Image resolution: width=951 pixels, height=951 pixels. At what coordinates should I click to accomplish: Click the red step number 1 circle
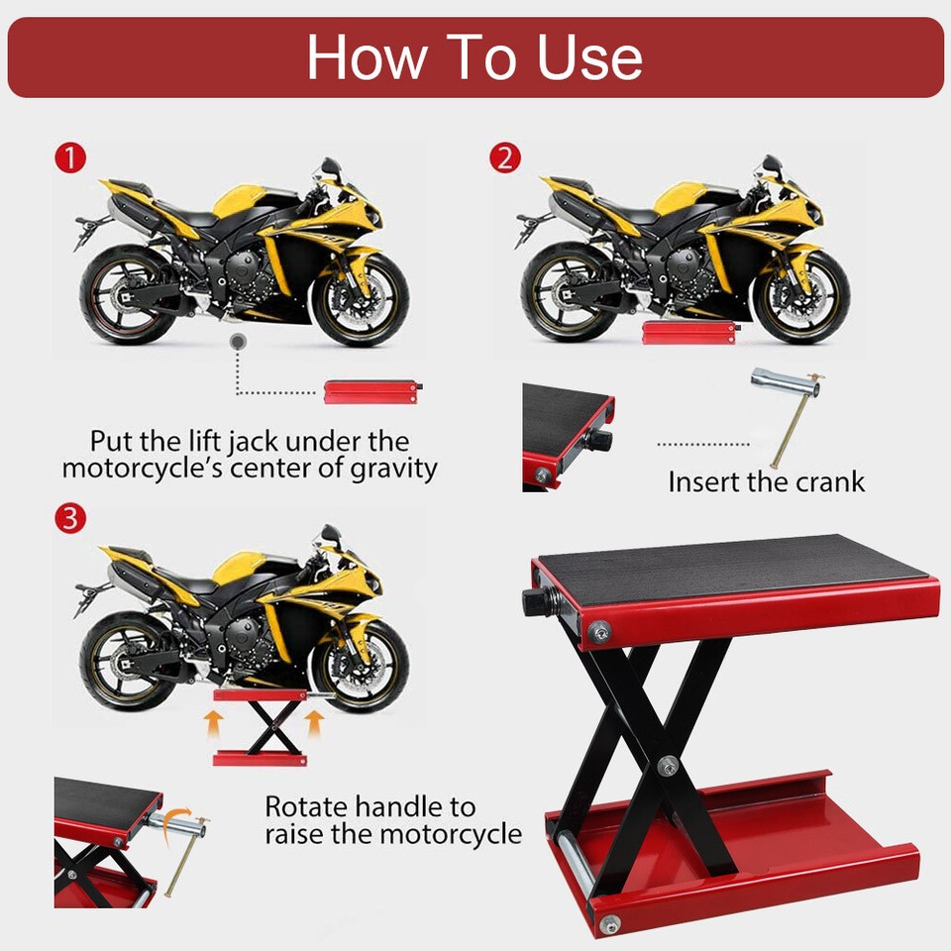pyautogui.click(x=70, y=158)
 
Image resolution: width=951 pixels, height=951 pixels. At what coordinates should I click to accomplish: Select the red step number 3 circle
pyautogui.click(x=70, y=518)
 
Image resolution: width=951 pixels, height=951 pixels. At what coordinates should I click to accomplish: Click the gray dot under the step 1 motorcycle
pyautogui.click(x=237, y=340)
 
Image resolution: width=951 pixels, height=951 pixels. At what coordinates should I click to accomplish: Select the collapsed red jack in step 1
pyautogui.click(x=372, y=391)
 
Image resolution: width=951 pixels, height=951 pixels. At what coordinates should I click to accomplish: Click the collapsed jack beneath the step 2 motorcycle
pyautogui.click(x=689, y=332)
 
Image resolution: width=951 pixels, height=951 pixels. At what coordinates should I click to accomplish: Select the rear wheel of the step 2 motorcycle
pyautogui.click(x=563, y=295)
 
